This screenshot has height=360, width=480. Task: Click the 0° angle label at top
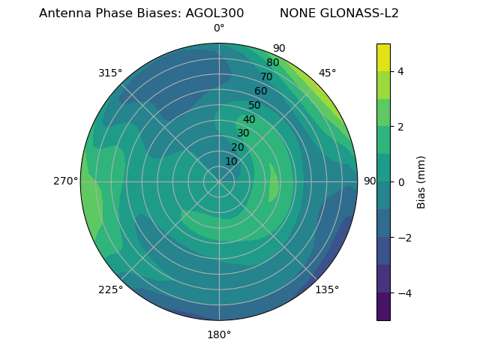(219, 28)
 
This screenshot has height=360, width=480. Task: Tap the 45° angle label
(327, 73)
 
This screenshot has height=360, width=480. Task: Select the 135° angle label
(327, 289)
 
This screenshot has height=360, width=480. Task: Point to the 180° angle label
(219, 334)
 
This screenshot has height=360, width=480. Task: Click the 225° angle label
(110, 289)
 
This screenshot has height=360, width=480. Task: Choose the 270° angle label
(66, 181)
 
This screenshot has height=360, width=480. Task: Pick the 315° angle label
(110, 73)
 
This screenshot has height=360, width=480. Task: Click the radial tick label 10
(231, 161)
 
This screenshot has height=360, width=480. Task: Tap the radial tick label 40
(249, 119)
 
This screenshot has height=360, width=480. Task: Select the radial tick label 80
(272, 63)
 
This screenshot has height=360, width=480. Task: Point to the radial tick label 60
(261, 91)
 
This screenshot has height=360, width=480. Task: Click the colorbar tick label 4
(401, 71)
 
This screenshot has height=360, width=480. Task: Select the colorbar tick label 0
(401, 181)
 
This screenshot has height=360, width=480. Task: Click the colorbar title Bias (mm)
(421, 181)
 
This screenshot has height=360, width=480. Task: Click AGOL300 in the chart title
(214, 13)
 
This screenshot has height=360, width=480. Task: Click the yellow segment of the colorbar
(383, 57)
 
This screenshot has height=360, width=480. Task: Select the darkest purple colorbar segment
(383, 307)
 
